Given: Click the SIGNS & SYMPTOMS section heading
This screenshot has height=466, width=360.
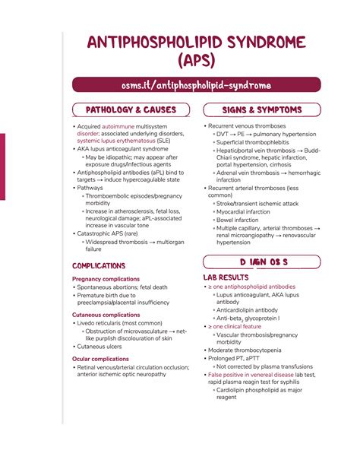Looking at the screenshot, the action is [264, 111].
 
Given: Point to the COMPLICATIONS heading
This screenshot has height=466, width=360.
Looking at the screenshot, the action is [99, 266].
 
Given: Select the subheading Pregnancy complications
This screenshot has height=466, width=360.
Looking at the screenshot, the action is [106, 279].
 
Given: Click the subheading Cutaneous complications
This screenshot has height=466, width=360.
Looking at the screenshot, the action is [106, 315].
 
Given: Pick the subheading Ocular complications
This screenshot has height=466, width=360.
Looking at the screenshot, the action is [100, 359].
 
